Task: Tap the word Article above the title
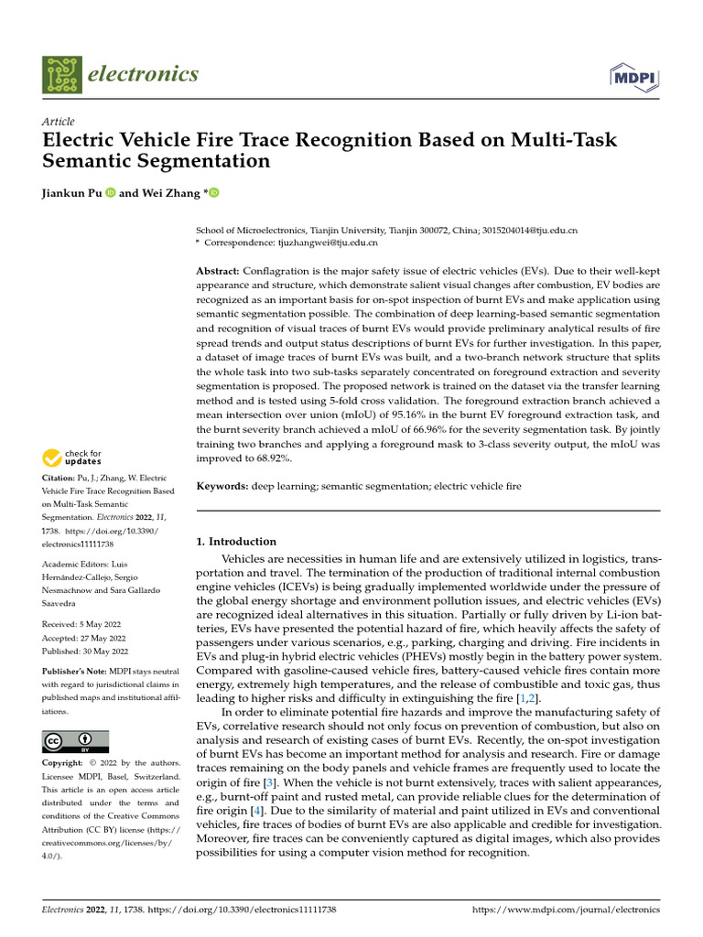(x=59, y=122)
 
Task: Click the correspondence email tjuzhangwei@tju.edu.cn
(x=327, y=243)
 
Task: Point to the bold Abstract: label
(x=219, y=272)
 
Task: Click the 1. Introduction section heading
(x=236, y=542)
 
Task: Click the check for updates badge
(x=72, y=457)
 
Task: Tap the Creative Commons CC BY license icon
(x=76, y=741)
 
